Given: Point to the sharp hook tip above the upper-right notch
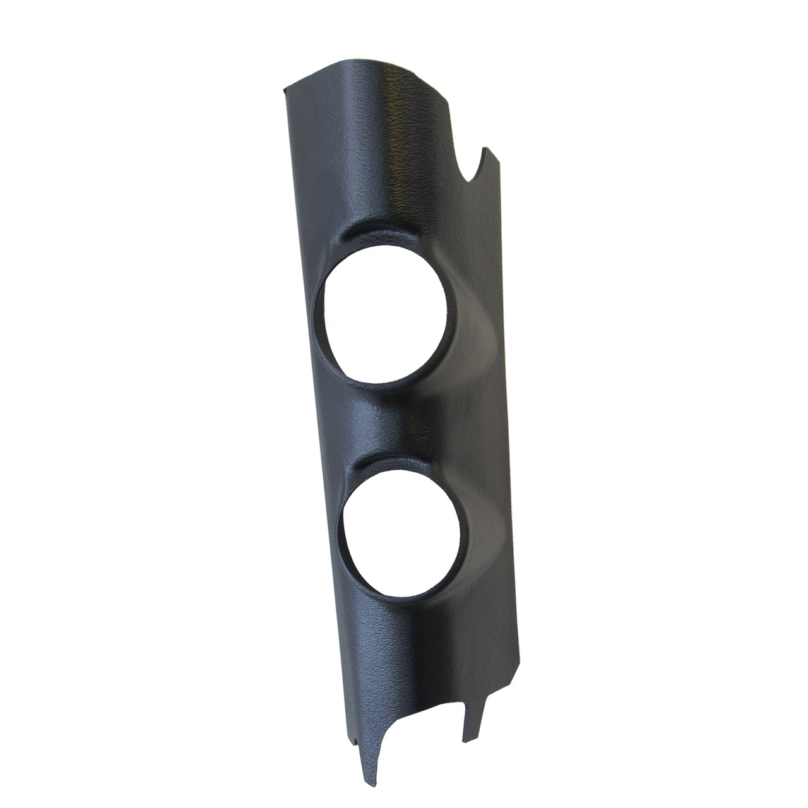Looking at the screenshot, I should (485, 149).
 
